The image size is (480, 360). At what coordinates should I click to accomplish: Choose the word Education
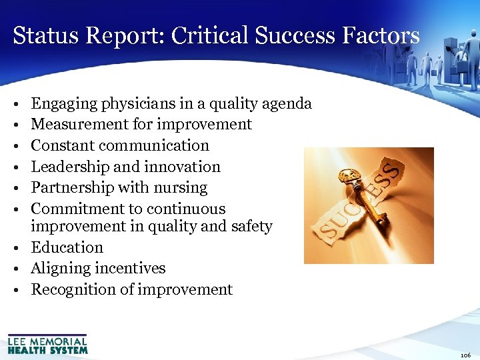coord(67,247)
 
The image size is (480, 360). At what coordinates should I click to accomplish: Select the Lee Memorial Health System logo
coord(47,344)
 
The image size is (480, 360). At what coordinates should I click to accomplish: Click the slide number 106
coord(465,355)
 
